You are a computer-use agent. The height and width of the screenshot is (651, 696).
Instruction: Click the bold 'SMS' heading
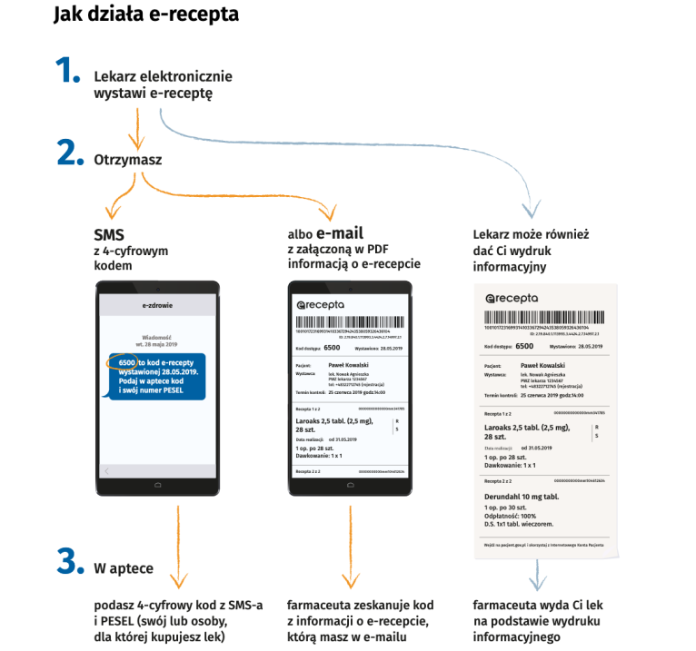[109, 234]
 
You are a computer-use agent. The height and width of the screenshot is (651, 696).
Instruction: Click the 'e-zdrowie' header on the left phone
[157, 307]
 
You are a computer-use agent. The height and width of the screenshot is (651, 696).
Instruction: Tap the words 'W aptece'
[124, 569]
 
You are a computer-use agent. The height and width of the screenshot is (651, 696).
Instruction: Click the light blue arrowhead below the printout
[539, 579]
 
